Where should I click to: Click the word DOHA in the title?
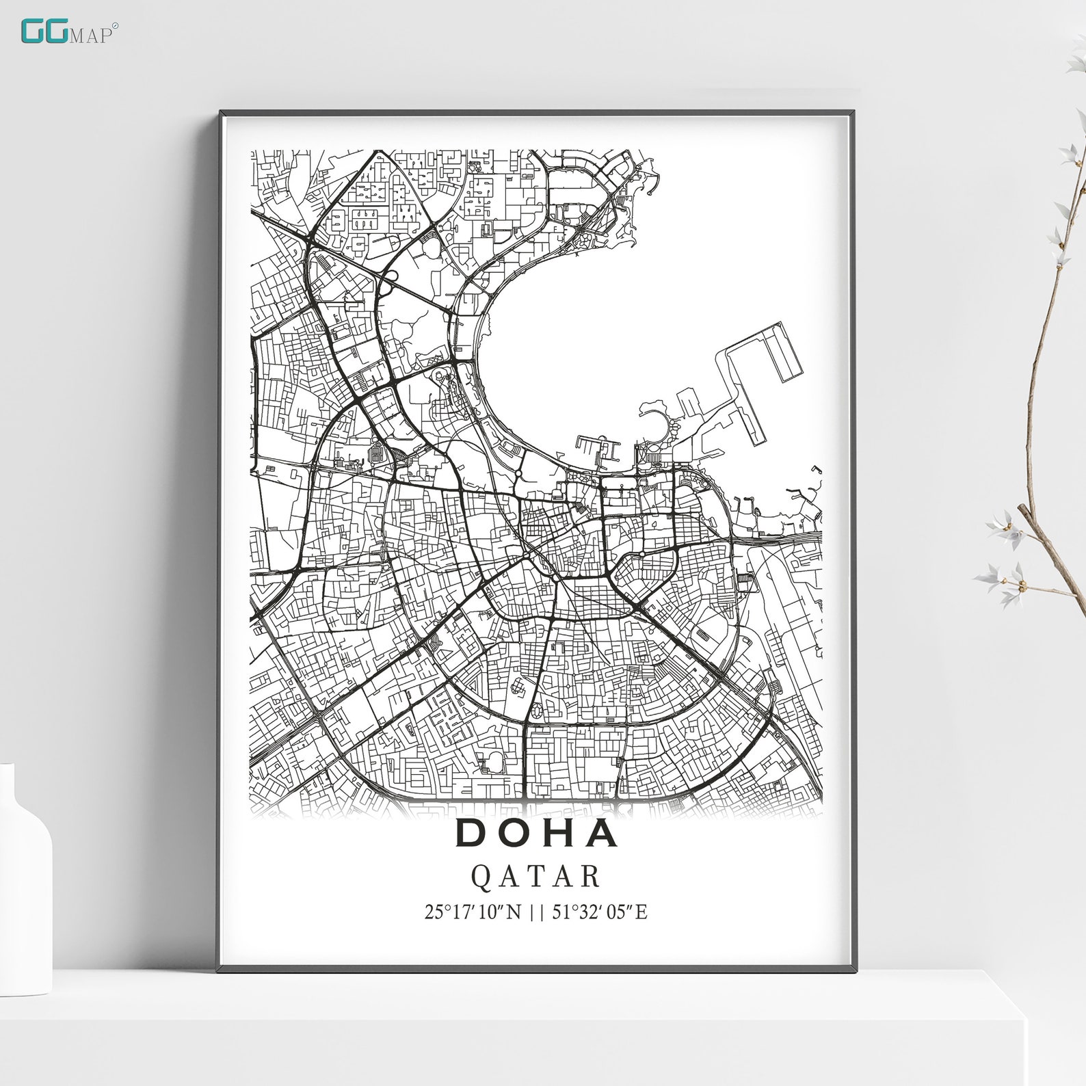[537, 833]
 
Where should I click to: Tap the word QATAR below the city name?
[537, 877]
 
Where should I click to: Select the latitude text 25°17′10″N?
[473, 912]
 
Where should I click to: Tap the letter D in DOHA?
[471, 833]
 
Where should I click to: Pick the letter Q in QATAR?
[481, 877]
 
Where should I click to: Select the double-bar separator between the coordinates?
[535, 912]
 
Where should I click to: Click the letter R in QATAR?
[591, 877]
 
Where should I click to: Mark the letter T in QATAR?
[537, 877]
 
